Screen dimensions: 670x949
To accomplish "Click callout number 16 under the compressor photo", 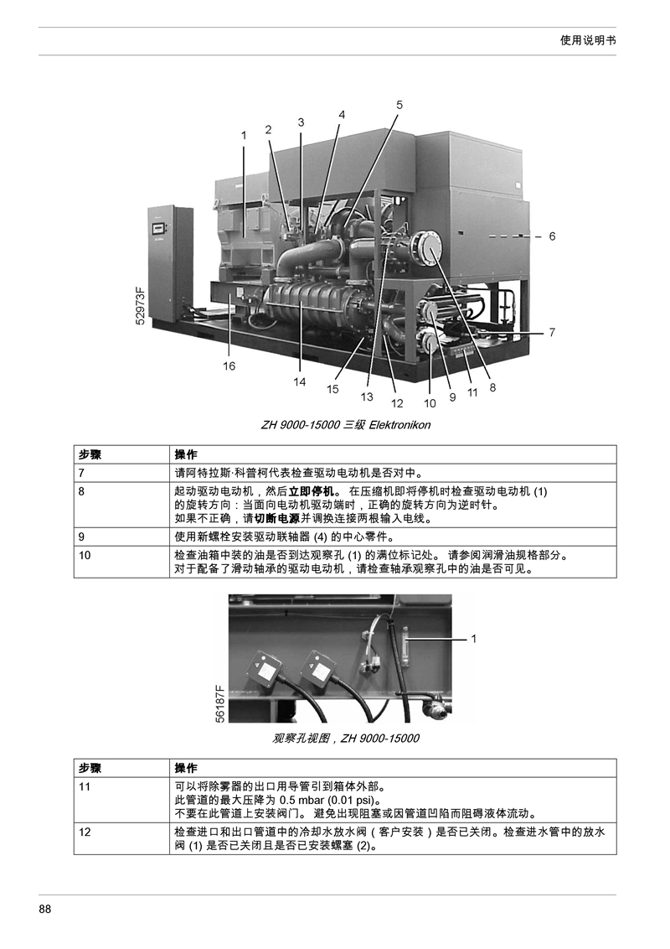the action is tap(229, 366).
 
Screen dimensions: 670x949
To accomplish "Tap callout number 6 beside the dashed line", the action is tap(552, 236).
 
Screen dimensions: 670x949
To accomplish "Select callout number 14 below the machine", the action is tap(299, 382).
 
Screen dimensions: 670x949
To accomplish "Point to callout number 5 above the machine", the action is tap(399, 105).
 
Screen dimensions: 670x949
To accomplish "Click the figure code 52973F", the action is tap(141, 306).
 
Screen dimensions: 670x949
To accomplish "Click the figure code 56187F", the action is tap(220, 703).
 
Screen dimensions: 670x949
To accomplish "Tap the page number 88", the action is tap(44, 909).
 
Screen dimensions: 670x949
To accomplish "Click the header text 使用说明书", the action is tap(588, 40).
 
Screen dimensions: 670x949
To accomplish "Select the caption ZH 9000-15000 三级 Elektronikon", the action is tap(346, 425).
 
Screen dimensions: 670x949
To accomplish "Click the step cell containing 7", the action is tap(121, 473).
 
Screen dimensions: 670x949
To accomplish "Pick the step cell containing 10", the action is tap(121, 562).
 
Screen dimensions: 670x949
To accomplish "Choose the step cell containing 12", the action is tap(121, 838).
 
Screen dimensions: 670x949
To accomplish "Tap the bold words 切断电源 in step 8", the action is tap(277, 519).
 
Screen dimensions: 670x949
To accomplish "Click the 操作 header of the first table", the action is tap(186, 454).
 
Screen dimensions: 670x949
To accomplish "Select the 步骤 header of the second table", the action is tap(90, 768).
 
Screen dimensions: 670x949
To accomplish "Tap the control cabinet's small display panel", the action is tap(159, 228).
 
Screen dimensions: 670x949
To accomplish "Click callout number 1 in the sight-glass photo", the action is tap(474, 639).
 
